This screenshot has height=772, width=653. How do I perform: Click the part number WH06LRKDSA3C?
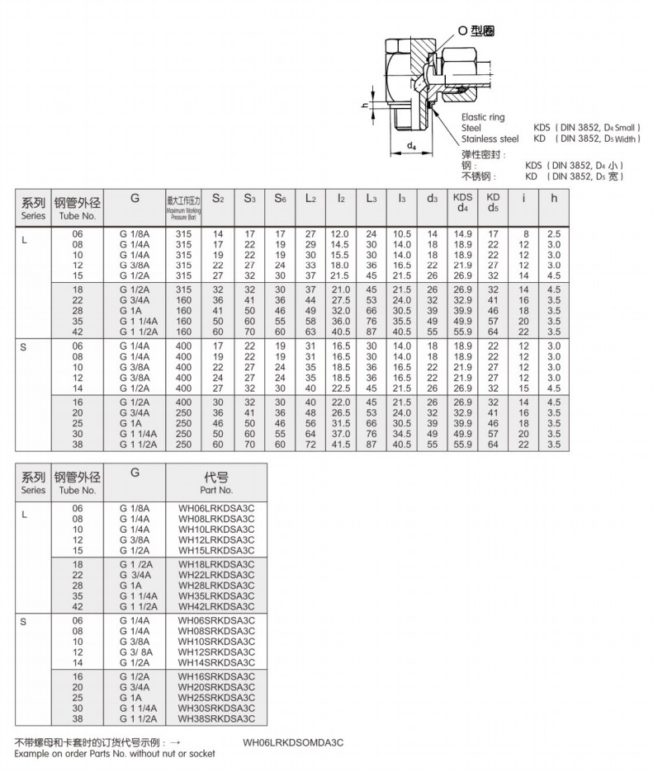click(x=216, y=509)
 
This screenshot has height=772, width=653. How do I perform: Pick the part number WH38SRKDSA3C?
click(x=216, y=718)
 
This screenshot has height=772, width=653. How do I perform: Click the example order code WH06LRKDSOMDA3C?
click(x=293, y=742)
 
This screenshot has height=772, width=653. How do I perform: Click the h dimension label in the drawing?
click(x=364, y=105)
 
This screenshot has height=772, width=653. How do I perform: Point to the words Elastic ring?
click(x=483, y=117)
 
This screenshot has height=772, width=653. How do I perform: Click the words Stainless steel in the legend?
click(x=490, y=139)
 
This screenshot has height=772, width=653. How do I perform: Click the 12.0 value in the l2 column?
click(x=340, y=234)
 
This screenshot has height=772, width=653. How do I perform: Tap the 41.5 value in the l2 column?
click(x=340, y=444)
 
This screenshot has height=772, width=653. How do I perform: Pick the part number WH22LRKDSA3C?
click(x=216, y=573)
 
